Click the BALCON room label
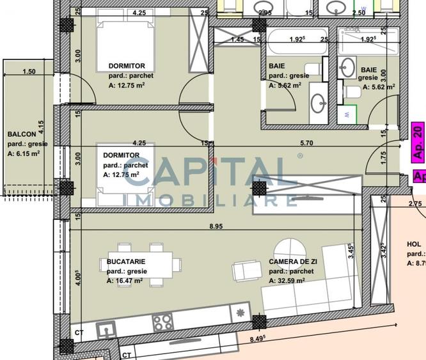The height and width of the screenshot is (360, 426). click(21, 134)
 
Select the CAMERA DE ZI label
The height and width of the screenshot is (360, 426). click(292, 262)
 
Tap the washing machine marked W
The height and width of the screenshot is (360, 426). click(346, 116)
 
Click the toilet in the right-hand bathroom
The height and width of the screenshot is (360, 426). click(352, 91)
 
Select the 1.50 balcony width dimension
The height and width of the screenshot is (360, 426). click(29, 72)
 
